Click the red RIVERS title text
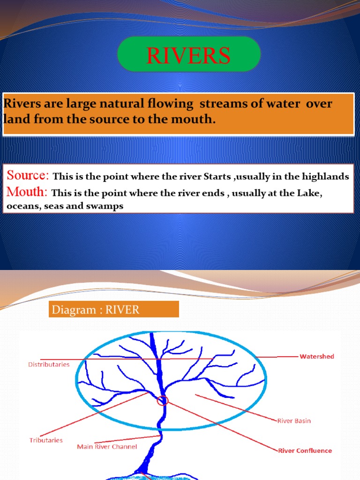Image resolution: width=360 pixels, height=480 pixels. coord(188,56)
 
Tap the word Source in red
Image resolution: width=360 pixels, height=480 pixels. coord(27,176)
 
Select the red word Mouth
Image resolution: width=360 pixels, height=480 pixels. coord(26,192)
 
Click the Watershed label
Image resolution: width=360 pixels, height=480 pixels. coord(317,357)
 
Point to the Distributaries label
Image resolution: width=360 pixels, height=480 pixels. coord(49,364)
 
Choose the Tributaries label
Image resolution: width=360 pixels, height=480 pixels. coord(46,440)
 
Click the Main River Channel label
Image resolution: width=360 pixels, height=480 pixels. coord(107,447)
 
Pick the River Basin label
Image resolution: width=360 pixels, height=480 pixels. coord(294,421)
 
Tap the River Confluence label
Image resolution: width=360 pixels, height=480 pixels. coord(305,451)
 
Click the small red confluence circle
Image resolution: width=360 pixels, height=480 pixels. coord(163,400)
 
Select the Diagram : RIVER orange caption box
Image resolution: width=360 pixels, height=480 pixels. coord(114,309)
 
